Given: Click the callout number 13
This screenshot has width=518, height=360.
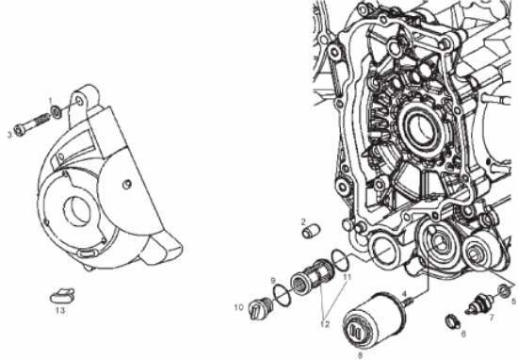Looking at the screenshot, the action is [x=60, y=310].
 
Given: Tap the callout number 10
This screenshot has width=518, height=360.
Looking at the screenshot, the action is [x=239, y=307].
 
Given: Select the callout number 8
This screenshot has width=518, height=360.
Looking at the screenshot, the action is [x=360, y=355].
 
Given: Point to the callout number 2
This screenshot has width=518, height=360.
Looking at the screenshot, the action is [x=303, y=221].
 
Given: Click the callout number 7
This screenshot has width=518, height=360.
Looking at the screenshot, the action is [x=492, y=318].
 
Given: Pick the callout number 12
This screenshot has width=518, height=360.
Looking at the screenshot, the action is [x=325, y=324].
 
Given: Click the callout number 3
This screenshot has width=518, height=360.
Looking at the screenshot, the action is [x=9, y=134].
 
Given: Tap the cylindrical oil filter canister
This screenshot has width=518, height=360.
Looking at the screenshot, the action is [x=373, y=320].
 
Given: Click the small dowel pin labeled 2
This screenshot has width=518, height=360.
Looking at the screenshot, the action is [x=311, y=231].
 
